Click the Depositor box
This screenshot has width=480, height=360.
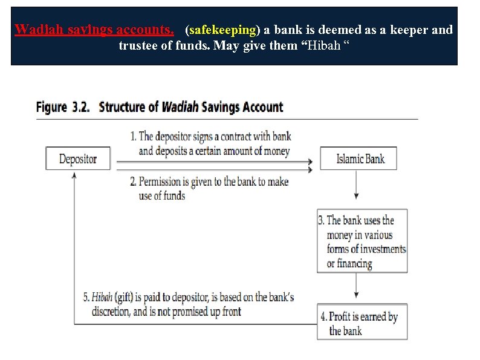78,159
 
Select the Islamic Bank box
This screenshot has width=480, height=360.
360,159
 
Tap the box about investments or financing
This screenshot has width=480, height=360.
362,241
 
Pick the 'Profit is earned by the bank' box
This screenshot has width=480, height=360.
362,323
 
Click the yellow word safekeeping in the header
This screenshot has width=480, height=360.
222,30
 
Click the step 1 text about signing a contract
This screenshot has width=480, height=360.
211,144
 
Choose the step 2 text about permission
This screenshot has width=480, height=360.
209,188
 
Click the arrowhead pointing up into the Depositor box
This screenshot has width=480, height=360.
74,174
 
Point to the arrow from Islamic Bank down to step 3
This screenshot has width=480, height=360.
357,185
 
